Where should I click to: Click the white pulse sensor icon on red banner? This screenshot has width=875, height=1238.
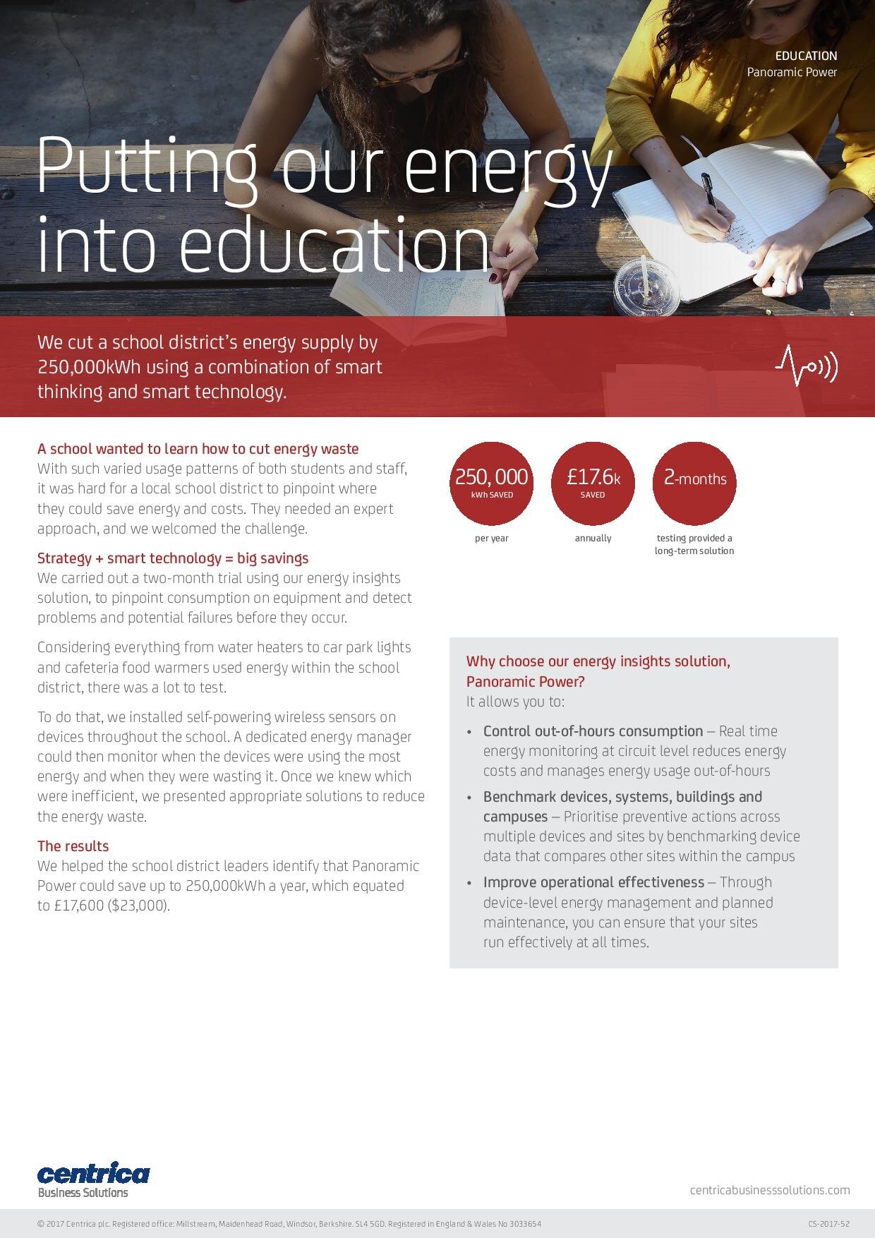point(806,366)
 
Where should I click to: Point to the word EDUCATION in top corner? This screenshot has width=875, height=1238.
point(806,56)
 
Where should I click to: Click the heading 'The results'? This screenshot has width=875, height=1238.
point(73,846)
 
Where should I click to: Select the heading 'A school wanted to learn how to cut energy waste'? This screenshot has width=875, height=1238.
point(198,449)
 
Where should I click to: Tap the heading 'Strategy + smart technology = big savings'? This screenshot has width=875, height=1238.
point(173,558)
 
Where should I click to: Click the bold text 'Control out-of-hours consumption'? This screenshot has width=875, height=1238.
point(593,731)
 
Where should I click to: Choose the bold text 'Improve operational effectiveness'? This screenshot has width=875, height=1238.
point(593,882)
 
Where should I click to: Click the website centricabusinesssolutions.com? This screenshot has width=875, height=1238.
point(770,1190)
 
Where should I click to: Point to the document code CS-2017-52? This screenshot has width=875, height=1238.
point(829,1224)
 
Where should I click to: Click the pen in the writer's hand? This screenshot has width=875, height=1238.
point(708,191)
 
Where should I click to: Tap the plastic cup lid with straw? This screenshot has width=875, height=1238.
point(644,285)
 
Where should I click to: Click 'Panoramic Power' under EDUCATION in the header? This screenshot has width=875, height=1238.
point(792,72)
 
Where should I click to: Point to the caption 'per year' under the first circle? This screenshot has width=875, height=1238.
point(491,538)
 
